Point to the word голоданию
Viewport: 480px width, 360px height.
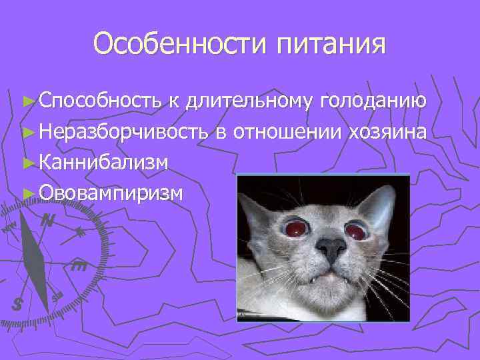pyautogui.click(x=373, y=101)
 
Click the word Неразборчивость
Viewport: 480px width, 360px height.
pyautogui.click(x=125, y=131)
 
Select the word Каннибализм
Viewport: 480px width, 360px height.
pyautogui.click(x=103, y=162)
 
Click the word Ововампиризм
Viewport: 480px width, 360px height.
pyautogui.click(x=111, y=192)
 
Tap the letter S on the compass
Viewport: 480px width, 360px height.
pyautogui.click(x=18, y=304)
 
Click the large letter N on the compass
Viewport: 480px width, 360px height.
pyautogui.click(x=47, y=221)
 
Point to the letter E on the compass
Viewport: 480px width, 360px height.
pyautogui.click(x=79, y=267)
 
